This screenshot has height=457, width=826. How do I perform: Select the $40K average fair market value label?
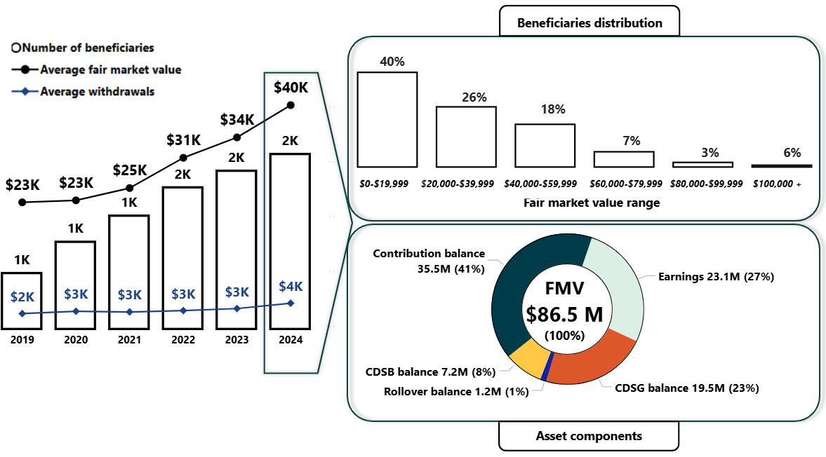click(291, 88)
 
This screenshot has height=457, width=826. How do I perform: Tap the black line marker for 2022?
click(183, 157)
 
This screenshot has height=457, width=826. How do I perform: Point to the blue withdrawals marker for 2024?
click(291, 303)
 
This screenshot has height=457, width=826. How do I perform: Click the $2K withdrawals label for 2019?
click(22, 296)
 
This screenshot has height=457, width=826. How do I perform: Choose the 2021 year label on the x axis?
click(129, 340)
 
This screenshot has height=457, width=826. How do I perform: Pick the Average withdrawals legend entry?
click(97, 91)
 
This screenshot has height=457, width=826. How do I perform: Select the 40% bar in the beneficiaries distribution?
click(387, 119)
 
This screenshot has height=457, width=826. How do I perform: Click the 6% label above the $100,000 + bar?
click(792, 153)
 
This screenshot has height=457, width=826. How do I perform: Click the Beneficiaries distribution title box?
click(589, 22)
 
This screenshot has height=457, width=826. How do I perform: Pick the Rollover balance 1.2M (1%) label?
click(456, 391)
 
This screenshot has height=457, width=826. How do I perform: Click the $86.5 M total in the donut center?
click(565, 313)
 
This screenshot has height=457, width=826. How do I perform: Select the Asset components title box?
click(589, 435)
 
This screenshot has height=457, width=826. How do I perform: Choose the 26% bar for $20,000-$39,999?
click(466, 137)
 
